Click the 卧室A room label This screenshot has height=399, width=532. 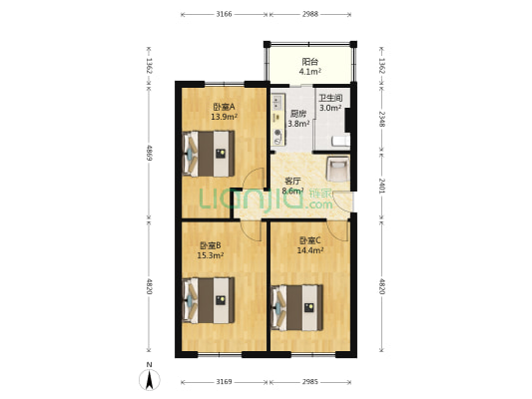tap(224, 107)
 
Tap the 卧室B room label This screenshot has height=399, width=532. tap(211, 245)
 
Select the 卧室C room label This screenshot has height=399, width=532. tap(310, 240)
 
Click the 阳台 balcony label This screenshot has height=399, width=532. tap(310, 62)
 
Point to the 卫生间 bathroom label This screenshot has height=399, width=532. tap(330, 98)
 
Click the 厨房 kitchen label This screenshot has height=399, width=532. tap(298, 114)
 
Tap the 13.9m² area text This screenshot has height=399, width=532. tap(224, 117)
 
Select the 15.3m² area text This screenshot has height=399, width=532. tap(211, 255)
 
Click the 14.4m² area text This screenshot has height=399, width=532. tap(310, 250)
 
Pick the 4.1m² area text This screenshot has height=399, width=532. tap(310, 72)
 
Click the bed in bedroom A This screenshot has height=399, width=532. tap(209, 154)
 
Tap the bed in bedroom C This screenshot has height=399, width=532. tap(296, 307)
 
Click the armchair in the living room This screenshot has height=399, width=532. tap(337, 169)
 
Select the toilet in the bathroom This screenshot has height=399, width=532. tap(341, 141)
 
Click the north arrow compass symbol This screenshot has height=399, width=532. tap(150, 380)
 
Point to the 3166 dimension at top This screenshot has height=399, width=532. tap(224, 14)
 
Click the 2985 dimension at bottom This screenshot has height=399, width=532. tap(310, 382)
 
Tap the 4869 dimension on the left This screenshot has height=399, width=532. tap(149, 153)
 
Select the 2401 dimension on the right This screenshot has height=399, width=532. tap(381, 186)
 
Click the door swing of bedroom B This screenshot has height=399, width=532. tap(252, 231)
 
